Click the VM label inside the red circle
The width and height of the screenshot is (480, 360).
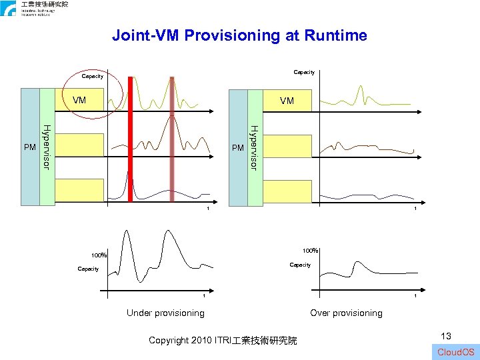click(x=79, y=101)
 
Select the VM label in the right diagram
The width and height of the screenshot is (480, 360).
click(x=287, y=101)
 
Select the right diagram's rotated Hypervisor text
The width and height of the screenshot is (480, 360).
click(x=255, y=147)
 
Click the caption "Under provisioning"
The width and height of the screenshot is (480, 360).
click(x=165, y=313)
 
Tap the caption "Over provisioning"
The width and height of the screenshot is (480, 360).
click(x=346, y=313)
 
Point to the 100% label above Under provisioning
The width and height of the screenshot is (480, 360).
click(x=99, y=255)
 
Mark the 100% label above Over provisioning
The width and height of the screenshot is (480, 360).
click(x=310, y=251)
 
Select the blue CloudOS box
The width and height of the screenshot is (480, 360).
click(x=457, y=351)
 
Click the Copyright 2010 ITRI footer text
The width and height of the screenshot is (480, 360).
click(x=223, y=340)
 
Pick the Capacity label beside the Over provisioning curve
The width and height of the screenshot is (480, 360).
click(x=300, y=265)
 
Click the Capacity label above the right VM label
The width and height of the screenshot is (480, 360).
click(x=304, y=72)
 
